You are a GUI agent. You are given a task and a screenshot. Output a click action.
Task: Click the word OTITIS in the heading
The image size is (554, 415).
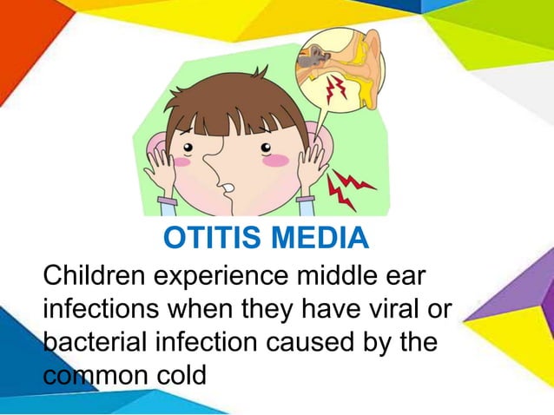pos(213,237)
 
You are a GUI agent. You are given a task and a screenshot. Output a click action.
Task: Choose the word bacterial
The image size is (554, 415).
pos(96,341)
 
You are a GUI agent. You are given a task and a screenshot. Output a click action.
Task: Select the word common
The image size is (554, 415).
pos(93,373)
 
